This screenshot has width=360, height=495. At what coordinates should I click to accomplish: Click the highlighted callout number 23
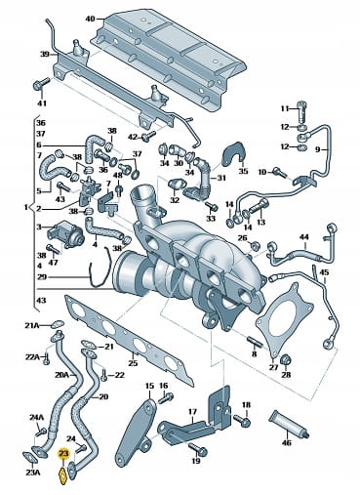63,454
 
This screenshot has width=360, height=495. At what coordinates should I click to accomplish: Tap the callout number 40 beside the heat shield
90,19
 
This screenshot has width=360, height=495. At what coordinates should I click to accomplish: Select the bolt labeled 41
40,84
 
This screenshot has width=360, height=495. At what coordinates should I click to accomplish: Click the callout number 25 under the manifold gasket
133,363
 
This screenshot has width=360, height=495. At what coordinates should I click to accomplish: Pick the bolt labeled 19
197,448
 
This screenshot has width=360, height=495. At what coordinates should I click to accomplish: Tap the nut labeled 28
286,359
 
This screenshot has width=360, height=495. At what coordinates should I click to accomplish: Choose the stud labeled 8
255,342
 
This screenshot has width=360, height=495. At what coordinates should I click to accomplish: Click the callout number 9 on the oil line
317,149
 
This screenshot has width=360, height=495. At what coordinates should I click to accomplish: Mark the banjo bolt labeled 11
302,111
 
